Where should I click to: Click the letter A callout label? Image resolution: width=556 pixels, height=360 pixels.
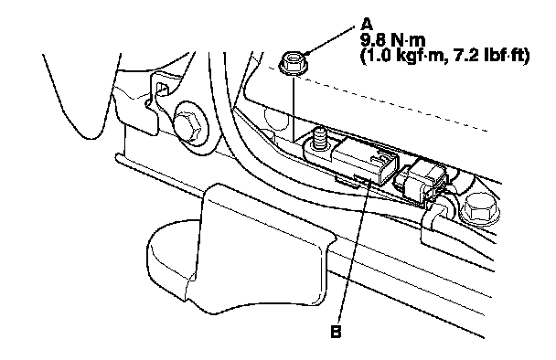pos(367,25)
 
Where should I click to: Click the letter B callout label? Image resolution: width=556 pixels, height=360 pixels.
pos(336,332)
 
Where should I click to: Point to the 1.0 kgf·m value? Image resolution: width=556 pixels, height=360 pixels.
pos(402,56)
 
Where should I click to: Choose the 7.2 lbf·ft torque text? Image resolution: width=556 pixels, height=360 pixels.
pos(489,56)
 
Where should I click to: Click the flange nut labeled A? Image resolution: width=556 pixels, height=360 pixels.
pos(293,63)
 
